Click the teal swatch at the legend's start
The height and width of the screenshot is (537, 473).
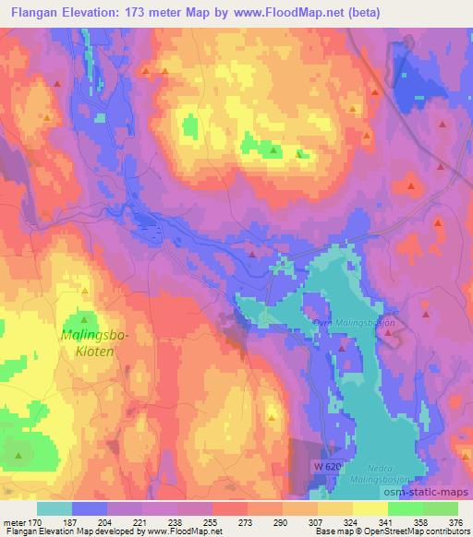pos(55,508)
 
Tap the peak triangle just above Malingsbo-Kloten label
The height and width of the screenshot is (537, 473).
pos(88,318)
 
